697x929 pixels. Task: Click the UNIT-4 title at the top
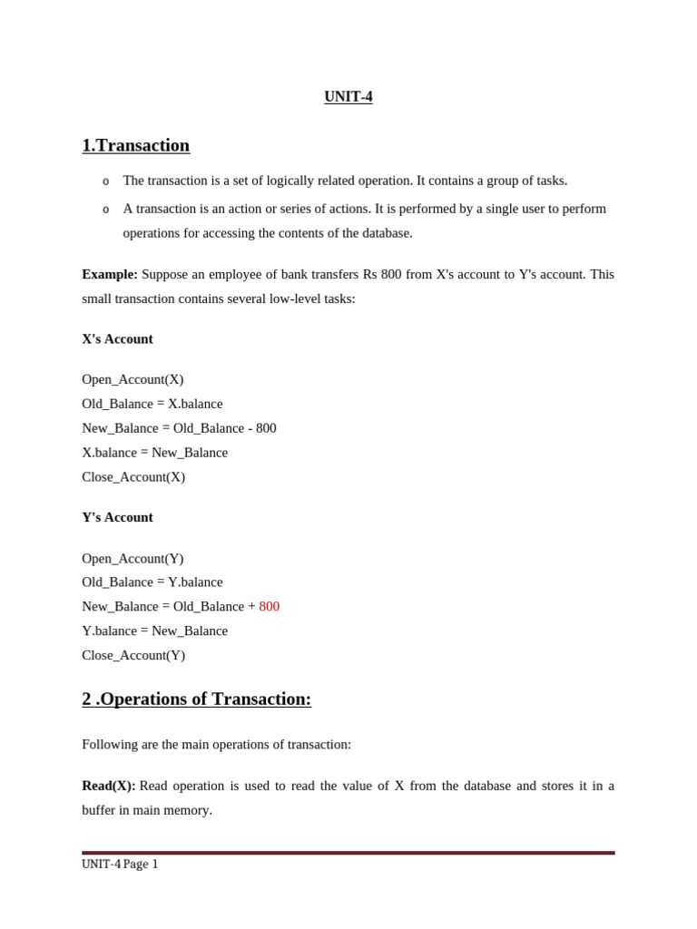pos(348,97)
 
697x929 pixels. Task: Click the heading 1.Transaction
pos(135,145)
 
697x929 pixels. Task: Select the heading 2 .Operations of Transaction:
pos(196,699)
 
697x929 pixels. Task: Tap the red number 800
pos(270,606)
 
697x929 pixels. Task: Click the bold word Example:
pos(110,274)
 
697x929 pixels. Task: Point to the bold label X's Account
pos(117,339)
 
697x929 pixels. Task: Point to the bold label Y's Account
pos(117,517)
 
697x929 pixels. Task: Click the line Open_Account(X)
pos(133,379)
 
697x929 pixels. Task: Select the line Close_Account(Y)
pos(133,655)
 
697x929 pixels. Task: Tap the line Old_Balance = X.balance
pos(152,404)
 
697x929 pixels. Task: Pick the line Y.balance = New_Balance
pos(154,631)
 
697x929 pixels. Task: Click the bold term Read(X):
pos(109,786)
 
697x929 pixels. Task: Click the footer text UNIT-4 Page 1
pos(120,865)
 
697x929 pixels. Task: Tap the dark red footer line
pos(348,853)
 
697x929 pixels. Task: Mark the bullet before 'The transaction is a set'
pos(106,181)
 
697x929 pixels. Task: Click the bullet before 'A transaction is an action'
pos(106,210)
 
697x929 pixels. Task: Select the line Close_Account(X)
pos(133,476)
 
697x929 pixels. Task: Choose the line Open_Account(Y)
pos(133,559)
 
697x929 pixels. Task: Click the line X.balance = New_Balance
pos(154,452)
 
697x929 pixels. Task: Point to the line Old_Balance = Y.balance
pos(152,582)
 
